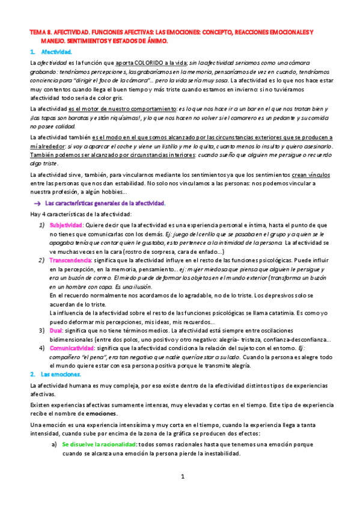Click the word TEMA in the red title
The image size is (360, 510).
tap(38, 31)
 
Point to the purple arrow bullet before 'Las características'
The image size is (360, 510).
tap(37, 203)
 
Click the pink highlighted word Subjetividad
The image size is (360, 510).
tap(66, 224)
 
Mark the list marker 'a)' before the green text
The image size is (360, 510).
tap(53, 444)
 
